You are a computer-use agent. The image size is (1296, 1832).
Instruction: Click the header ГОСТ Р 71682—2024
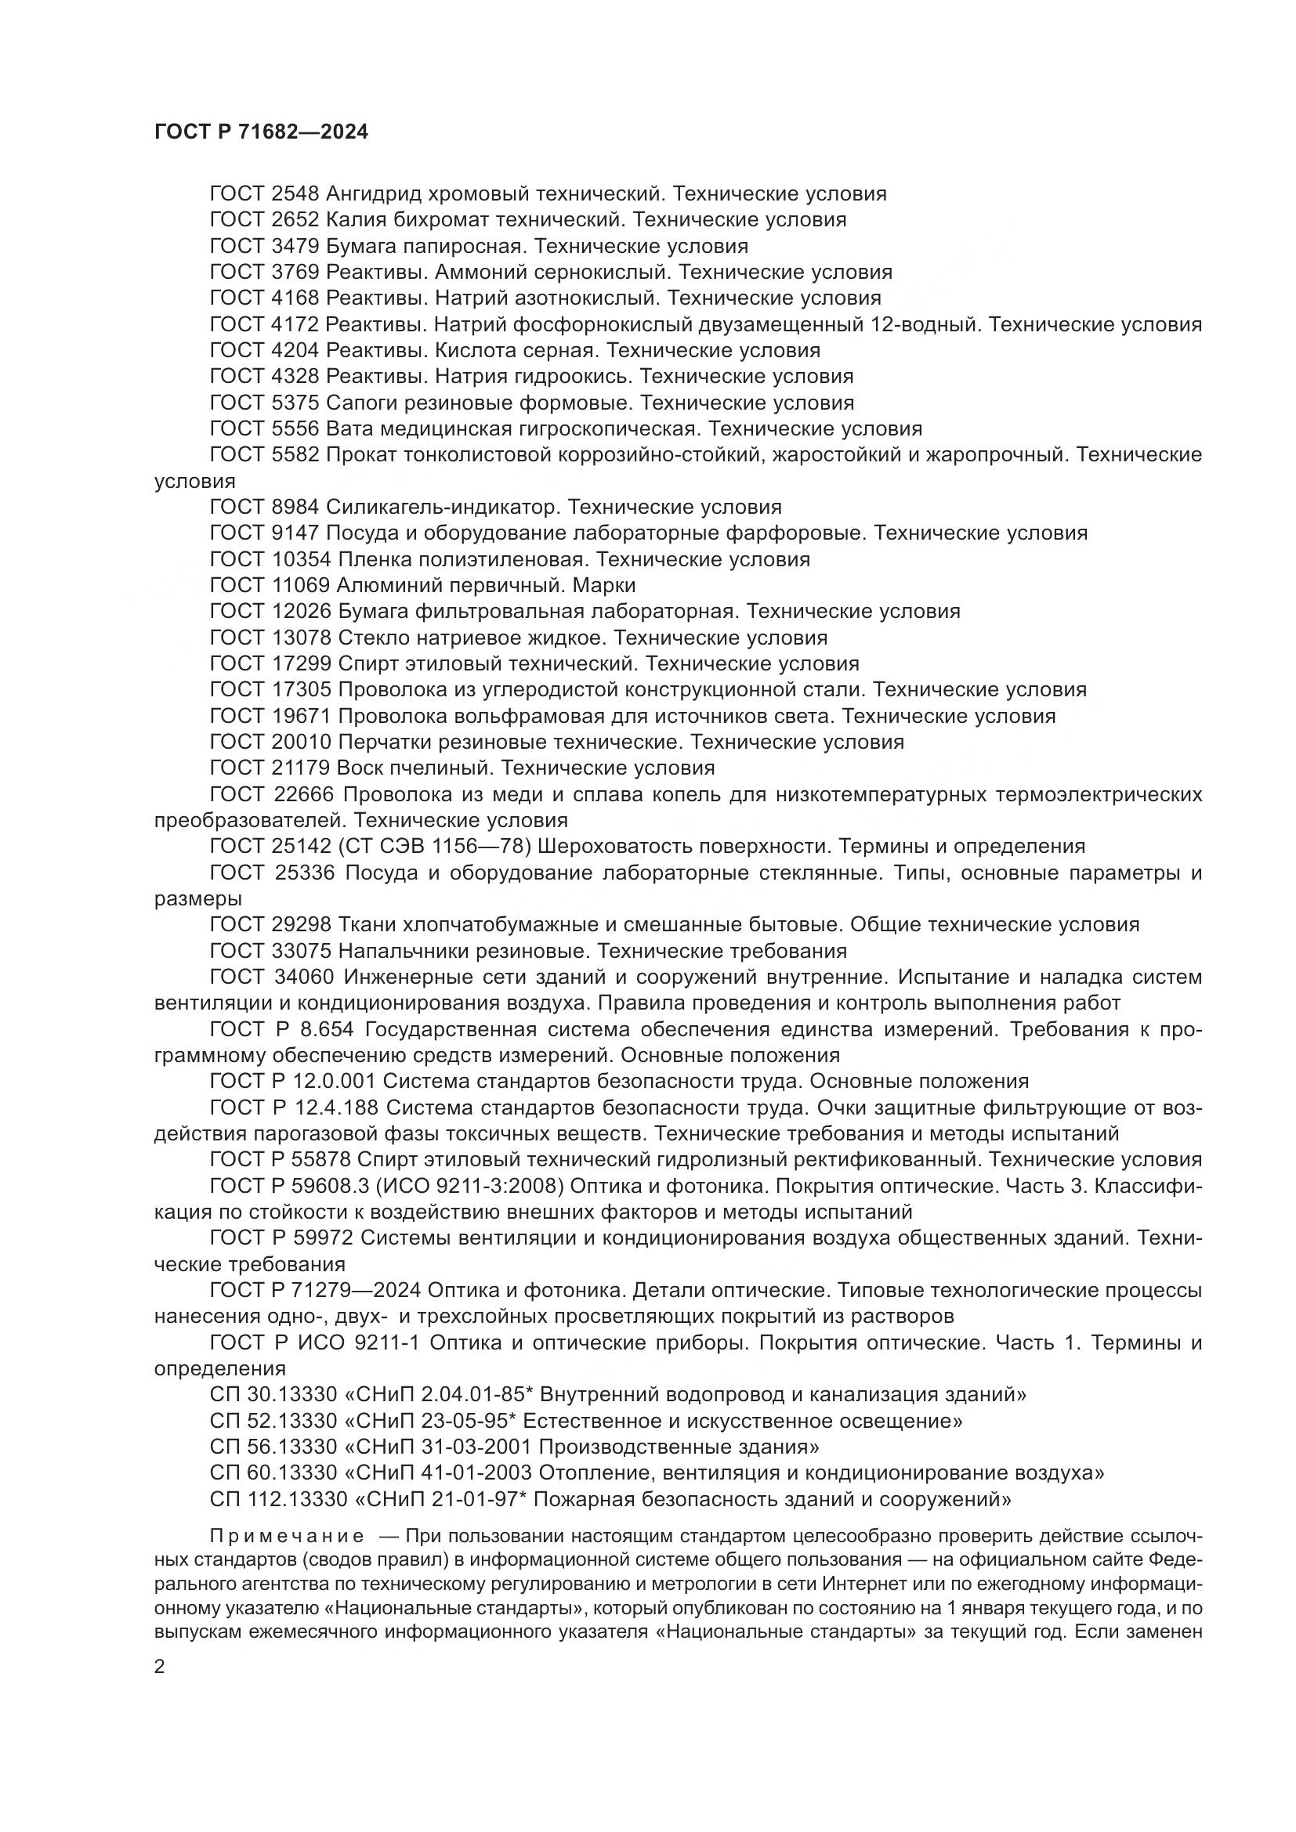point(261,132)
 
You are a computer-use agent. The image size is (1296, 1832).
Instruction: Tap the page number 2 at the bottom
point(160,1667)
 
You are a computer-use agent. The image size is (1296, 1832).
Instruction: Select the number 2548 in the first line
point(295,194)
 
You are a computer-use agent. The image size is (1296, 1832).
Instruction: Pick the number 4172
point(295,325)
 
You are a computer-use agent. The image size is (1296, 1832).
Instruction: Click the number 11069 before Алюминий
point(300,586)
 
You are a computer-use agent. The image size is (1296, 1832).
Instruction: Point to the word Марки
point(604,586)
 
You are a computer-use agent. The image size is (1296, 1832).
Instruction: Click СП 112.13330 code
point(279,1500)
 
